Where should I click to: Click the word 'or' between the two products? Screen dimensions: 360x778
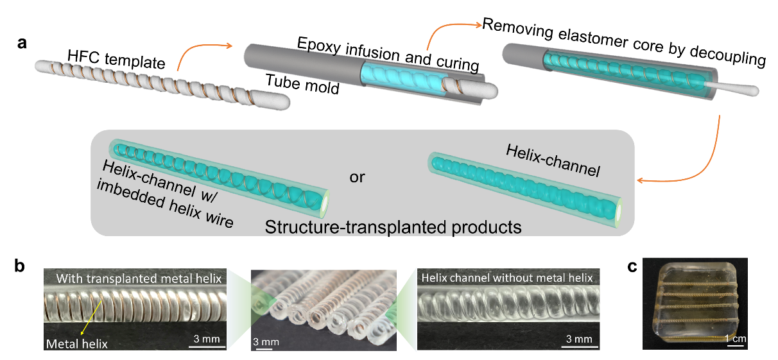[x=357, y=176]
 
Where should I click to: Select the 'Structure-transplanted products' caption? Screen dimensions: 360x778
[x=393, y=226]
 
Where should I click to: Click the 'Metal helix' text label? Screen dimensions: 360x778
[x=76, y=344]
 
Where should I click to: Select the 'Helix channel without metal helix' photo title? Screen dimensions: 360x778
[x=506, y=278]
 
